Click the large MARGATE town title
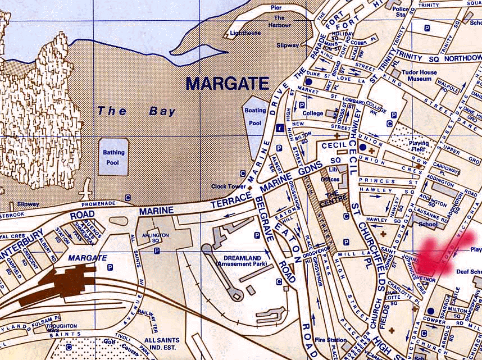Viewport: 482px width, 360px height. (228, 84)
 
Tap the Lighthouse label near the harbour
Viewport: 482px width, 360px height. (245, 33)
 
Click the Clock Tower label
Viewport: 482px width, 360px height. (228, 186)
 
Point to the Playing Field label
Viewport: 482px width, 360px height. (419, 147)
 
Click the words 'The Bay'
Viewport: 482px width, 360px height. (137, 111)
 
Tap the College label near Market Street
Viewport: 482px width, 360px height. (313, 113)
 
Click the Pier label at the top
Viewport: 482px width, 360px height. (276, 8)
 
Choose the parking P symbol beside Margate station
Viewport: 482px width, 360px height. (110, 268)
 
